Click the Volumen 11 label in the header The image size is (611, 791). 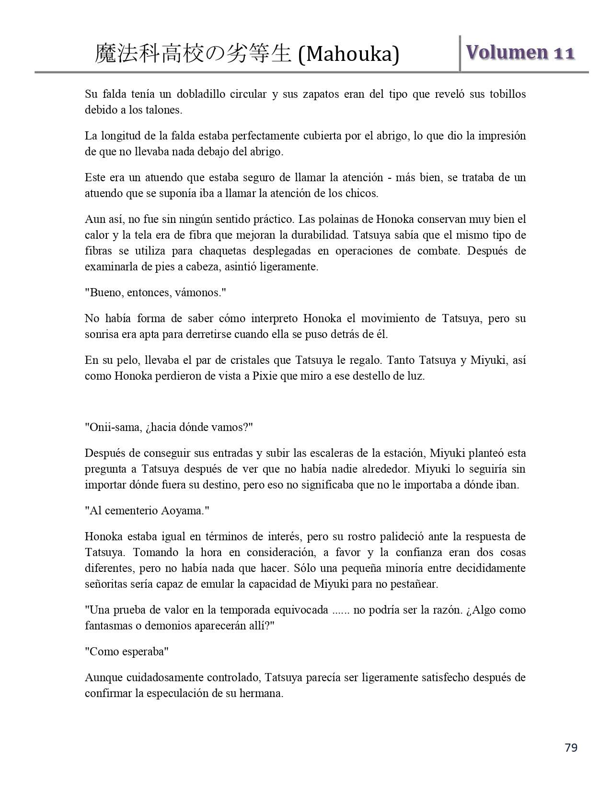coord(520,52)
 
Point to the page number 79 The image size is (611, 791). coord(571,748)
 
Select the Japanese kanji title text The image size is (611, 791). coord(193,54)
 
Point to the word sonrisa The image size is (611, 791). coord(102,334)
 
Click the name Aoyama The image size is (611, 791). coord(181,511)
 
